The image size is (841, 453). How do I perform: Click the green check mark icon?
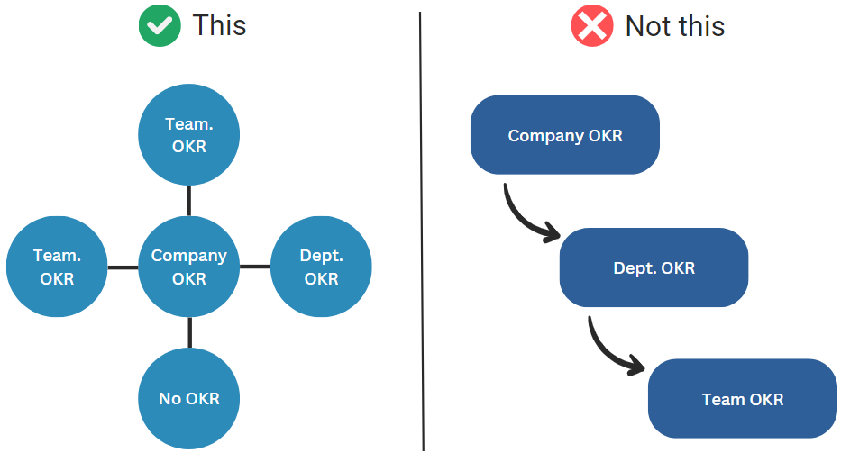160,26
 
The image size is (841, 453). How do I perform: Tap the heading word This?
219,26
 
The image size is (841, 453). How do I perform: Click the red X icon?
592,26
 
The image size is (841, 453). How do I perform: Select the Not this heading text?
674,26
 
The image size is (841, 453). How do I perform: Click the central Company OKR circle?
189,267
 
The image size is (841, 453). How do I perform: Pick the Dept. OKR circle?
321,267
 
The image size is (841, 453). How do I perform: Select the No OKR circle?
189,397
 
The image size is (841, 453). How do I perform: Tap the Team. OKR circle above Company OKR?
189,135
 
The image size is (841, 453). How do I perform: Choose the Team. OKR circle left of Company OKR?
57,267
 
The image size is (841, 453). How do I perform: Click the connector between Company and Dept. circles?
255,267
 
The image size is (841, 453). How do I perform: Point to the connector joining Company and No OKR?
189,332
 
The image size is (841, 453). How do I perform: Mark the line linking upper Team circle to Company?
189,201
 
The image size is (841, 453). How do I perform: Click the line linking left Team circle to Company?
123,267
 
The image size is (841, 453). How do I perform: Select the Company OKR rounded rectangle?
565,135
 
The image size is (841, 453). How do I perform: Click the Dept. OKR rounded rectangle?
654,267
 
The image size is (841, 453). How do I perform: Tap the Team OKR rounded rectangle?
742,399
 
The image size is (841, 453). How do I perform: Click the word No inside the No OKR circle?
169,397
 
